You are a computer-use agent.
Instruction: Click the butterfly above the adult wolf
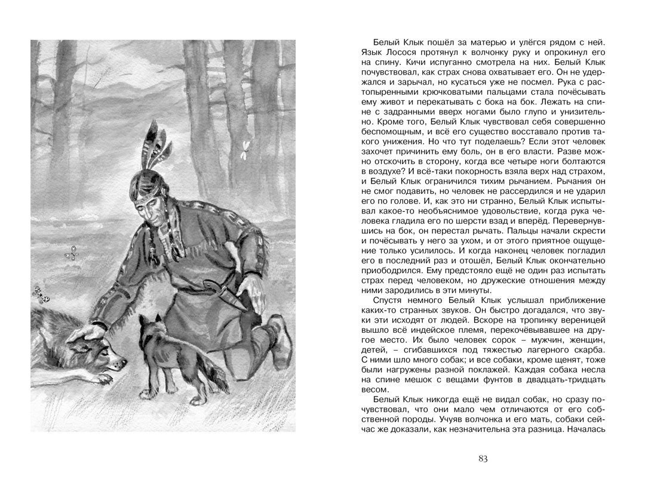[40, 293]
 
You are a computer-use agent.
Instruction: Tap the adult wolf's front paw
[105, 377]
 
